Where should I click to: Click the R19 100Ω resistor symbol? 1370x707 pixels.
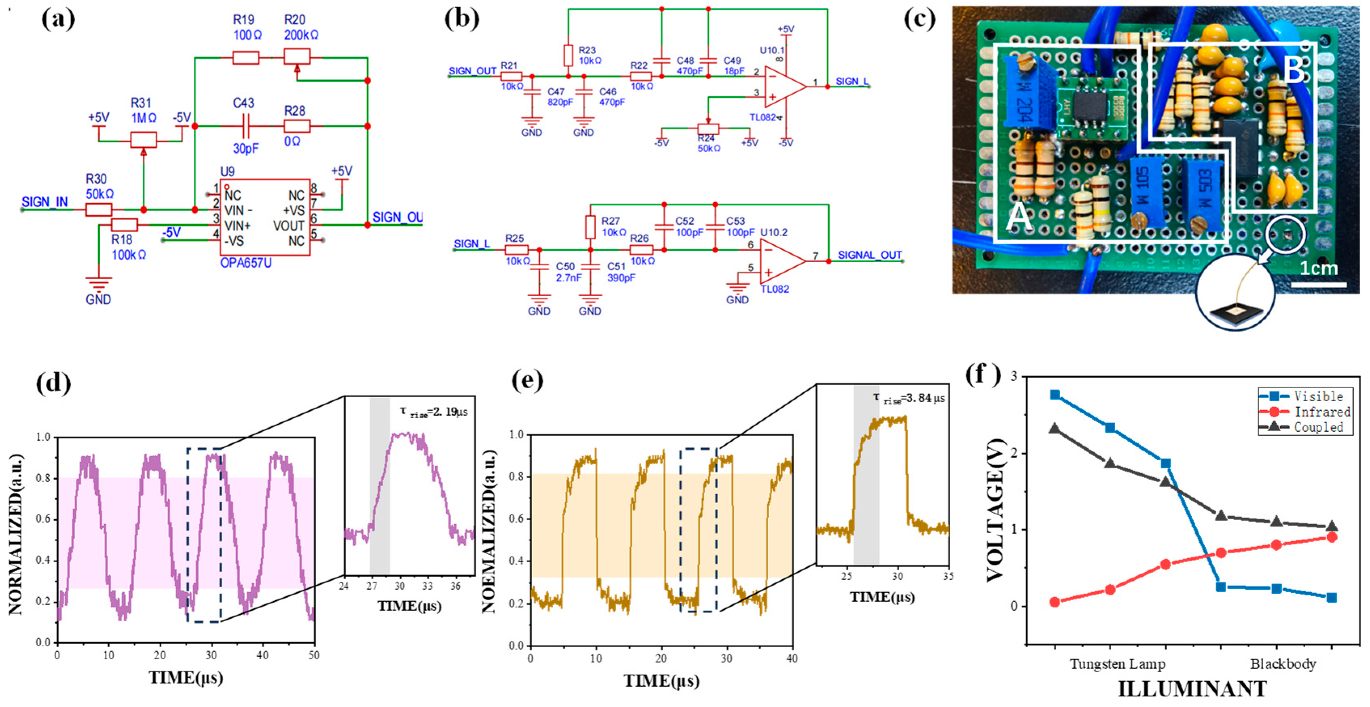click(x=246, y=57)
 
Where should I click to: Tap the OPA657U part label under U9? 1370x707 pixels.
click(x=246, y=263)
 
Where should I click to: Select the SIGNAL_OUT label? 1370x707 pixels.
click(x=869, y=255)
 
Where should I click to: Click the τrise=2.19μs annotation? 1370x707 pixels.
click(x=433, y=412)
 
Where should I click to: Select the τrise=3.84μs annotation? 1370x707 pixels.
click(x=908, y=398)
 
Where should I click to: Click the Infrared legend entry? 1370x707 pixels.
click(x=1321, y=412)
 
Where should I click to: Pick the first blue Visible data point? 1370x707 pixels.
click(x=1055, y=395)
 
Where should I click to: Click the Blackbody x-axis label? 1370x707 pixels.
click(x=1282, y=664)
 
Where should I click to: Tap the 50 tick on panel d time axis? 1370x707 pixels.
click(x=314, y=655)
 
